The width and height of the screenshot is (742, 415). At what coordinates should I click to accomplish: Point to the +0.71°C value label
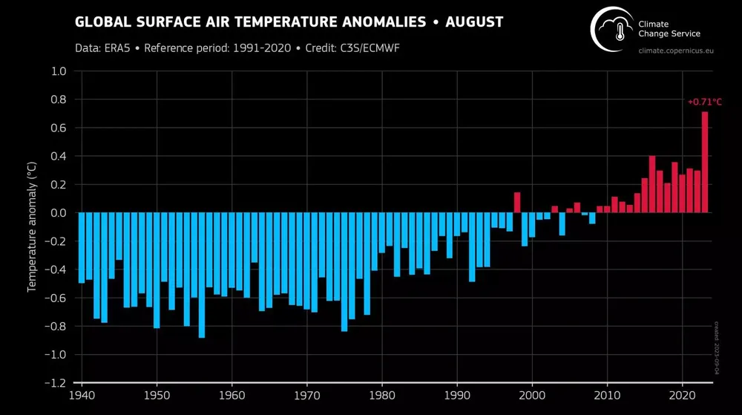(704, 102)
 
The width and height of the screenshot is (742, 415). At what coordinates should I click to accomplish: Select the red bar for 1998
(516, 203)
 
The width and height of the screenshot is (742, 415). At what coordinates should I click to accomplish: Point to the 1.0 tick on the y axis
(59, 71)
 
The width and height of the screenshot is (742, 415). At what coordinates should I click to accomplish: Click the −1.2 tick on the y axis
(56, 383)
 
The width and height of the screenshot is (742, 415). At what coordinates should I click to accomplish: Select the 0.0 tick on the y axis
(59, 213)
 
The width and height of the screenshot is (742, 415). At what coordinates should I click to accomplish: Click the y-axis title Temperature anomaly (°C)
(33, 226)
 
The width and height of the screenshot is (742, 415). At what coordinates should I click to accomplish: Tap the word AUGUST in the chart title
(475, 22)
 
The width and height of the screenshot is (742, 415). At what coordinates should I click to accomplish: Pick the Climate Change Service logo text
(669, 29)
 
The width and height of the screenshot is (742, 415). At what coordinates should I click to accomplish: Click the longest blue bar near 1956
(201, 275)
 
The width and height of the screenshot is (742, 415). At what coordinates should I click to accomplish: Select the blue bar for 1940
(81, 248)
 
